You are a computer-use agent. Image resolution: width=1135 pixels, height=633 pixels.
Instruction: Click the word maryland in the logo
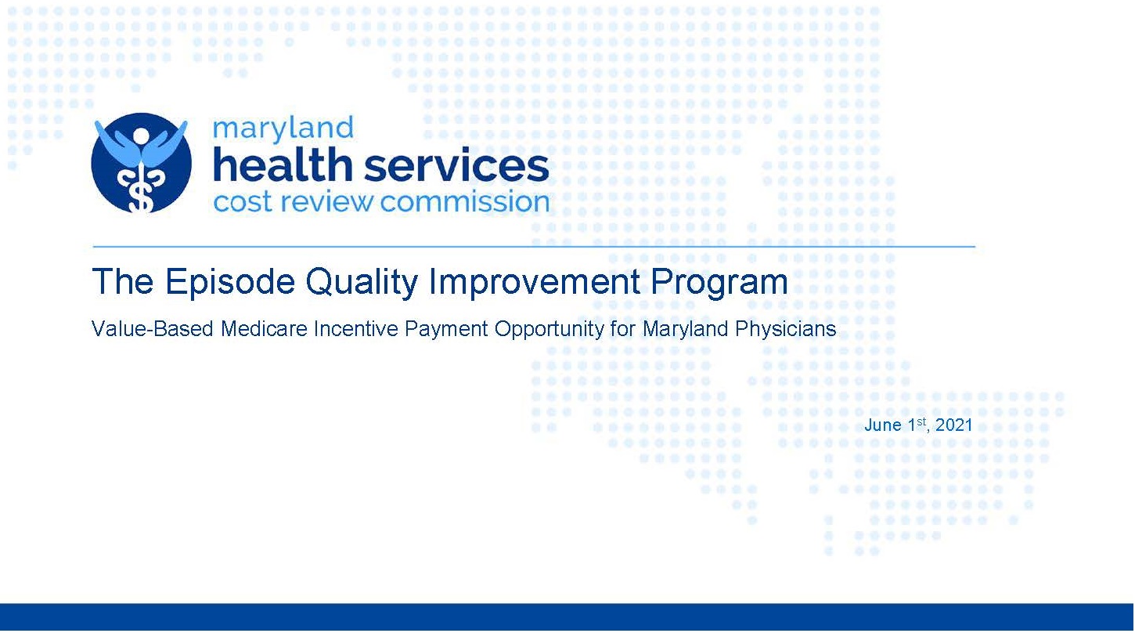(283, 128)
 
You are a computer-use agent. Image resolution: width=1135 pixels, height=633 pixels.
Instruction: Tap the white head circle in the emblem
(141, 136)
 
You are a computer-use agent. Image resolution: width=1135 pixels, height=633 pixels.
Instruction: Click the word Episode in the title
(230, 281)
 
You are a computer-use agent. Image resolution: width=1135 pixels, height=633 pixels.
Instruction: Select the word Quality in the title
(362, 283)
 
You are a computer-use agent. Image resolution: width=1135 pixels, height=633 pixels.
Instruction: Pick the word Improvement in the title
(535, 283)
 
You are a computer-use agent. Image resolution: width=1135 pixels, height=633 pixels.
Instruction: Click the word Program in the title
(719, 283)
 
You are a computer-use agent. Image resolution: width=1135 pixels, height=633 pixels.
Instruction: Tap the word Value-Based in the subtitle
(153, 329)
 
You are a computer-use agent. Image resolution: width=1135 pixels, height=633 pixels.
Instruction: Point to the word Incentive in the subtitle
(355, 329)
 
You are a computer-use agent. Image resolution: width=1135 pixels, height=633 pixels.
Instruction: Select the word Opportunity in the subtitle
(549, 330)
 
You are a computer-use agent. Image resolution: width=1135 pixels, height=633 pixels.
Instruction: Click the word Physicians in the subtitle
(785, 330)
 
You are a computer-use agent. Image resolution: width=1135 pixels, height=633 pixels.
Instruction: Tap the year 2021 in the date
(953, 425)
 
